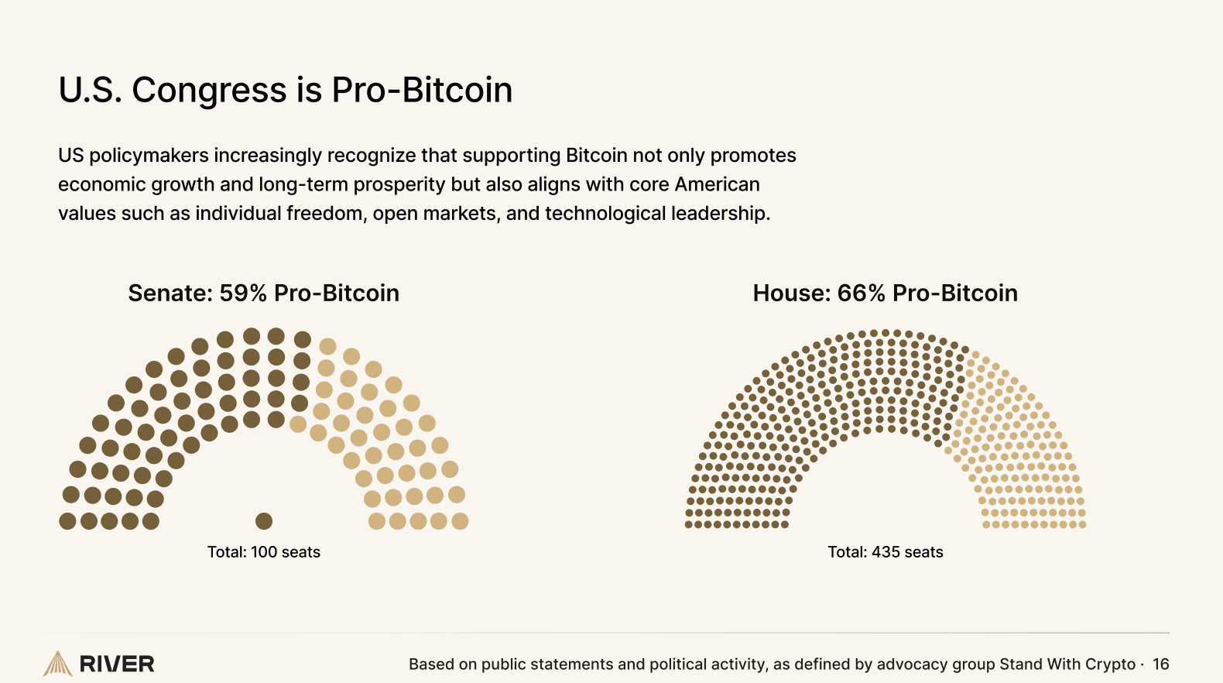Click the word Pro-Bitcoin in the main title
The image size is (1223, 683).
(x=422, y=90)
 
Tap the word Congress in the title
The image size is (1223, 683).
(x=209, y=90)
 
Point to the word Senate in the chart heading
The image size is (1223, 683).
(x=170, y=293)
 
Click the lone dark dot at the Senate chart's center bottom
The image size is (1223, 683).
(x=264, y=521)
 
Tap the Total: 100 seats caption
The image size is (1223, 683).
(x=264, y=552)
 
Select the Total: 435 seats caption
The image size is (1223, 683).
(x=886, y=552)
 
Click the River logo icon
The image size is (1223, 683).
(x=57, y=664)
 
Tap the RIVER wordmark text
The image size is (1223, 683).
(x=117, y=664)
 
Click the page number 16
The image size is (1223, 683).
(x=1160, y=664)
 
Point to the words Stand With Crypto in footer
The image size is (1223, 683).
(x=1067, y=664)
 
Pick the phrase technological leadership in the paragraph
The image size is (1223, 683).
(x=656, y=213)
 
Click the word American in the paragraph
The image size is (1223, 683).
(x=717, y=184)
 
